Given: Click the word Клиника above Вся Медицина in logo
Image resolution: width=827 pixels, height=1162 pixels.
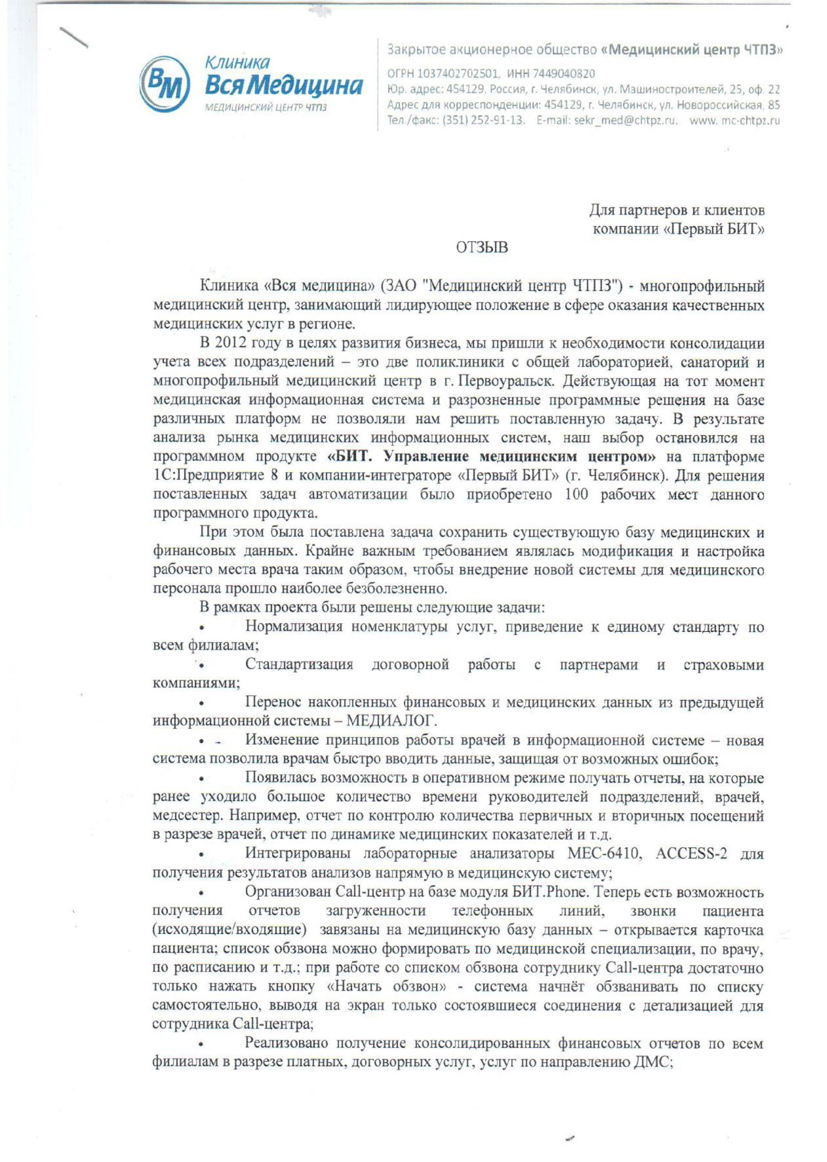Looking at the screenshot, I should click(237, 62).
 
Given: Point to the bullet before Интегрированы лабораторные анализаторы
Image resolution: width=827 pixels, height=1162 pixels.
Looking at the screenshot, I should click(202, 854).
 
